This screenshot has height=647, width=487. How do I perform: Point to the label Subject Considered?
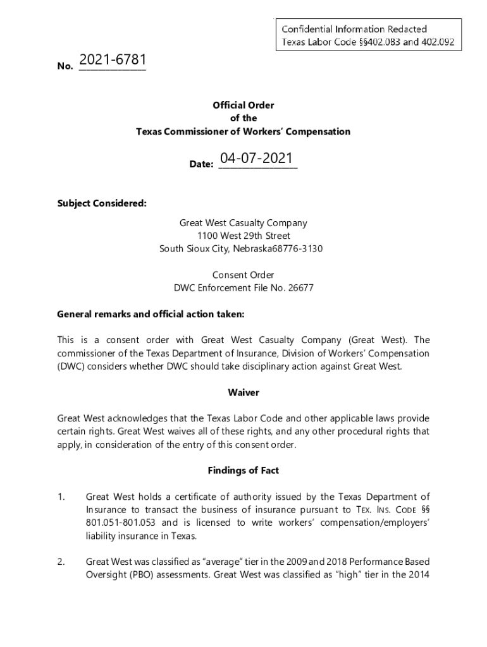102,203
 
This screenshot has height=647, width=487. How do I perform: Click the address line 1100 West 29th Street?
244,236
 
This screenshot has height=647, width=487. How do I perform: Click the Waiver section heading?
244,392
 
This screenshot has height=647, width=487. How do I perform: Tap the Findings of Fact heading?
244,470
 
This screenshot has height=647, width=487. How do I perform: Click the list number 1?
61,497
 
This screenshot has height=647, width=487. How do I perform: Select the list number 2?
61,562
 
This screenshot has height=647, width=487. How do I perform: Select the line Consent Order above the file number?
244,275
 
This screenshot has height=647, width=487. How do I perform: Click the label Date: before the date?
201,164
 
